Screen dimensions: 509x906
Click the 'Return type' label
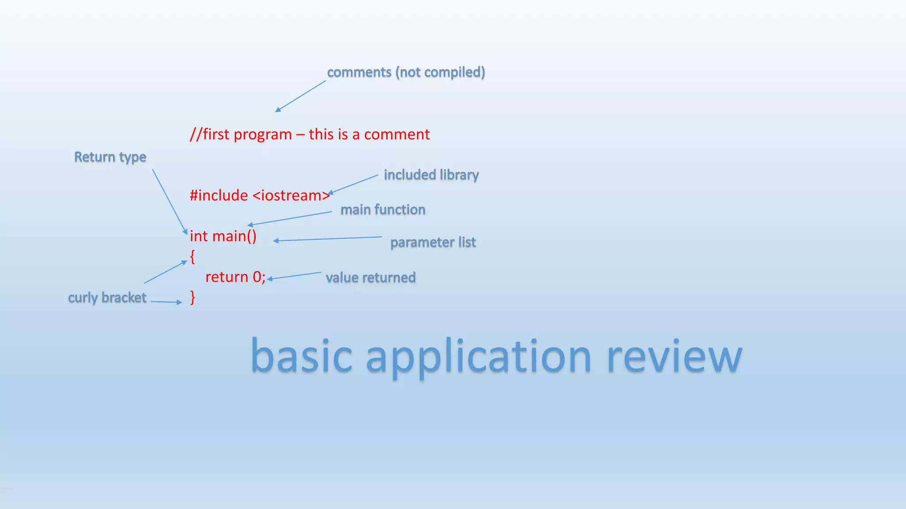[x=110, y=157]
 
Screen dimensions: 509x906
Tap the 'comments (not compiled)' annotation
[x=406, y=72]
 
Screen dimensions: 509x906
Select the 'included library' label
[x=431, y=175]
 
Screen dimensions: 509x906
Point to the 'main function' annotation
[x=383, y=209]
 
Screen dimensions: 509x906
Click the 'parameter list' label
[x=433, y=242]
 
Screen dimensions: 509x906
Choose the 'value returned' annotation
[x=371, y=277]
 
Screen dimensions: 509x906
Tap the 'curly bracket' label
[x=107, y=297]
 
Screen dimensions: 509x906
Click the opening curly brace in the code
[x=192, y=256]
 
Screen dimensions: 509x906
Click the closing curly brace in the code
[x=192, y=297]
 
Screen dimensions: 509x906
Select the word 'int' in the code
[x=199, y=236]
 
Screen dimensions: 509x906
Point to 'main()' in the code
[x=234, y=236]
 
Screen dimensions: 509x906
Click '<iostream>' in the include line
[x=291, y=195]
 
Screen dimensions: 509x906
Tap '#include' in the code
[x=219, y=195]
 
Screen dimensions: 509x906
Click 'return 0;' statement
[x=235, y=277]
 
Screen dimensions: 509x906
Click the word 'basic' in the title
[x=301, y=356]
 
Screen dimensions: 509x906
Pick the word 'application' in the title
[x=478, y=356]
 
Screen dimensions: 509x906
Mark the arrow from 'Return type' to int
[x=170, y=201]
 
